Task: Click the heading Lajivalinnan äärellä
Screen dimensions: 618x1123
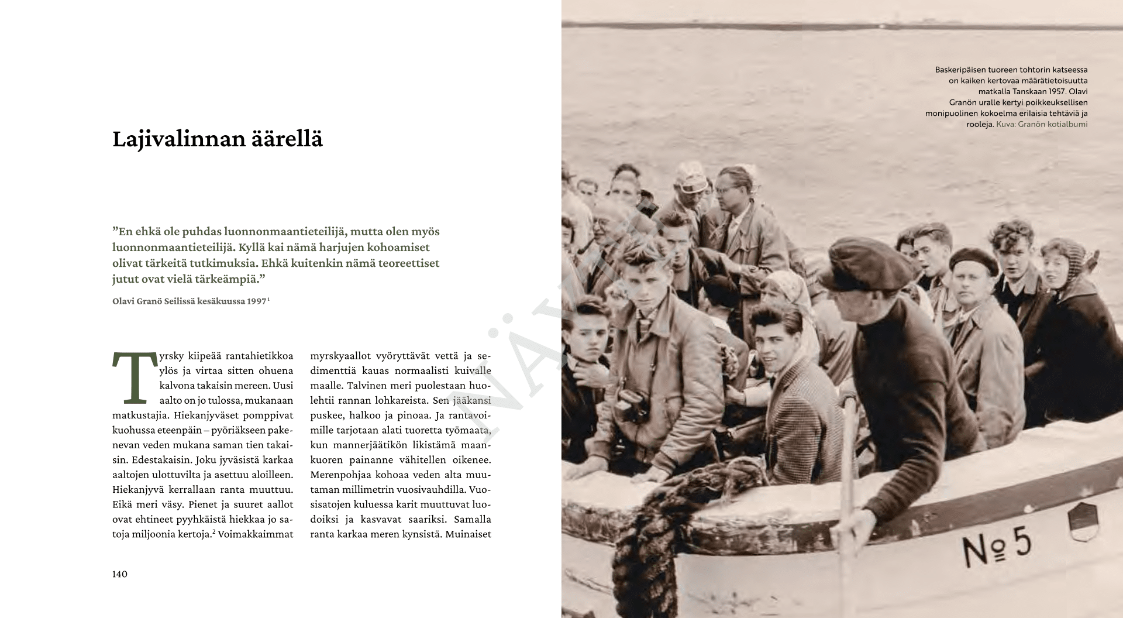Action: pyautogui.click(x=217, y=140)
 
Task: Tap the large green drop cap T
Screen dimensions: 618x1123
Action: pyautogui.click(x=134, y=378)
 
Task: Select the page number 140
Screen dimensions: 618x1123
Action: pyautogui.click(x=119, y=574)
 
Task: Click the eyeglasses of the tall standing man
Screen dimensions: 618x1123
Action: pyautogui.click(x=725, y=189)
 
